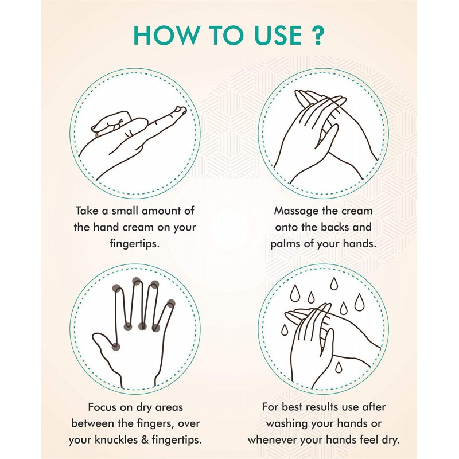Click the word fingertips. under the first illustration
(x=134, y=243)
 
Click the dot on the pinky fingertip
(x=171, y=304)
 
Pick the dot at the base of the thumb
(x=116, y=347)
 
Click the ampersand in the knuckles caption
(x=145, y=440)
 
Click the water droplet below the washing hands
(x=339, y=367)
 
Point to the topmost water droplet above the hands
(x=334, y=283)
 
